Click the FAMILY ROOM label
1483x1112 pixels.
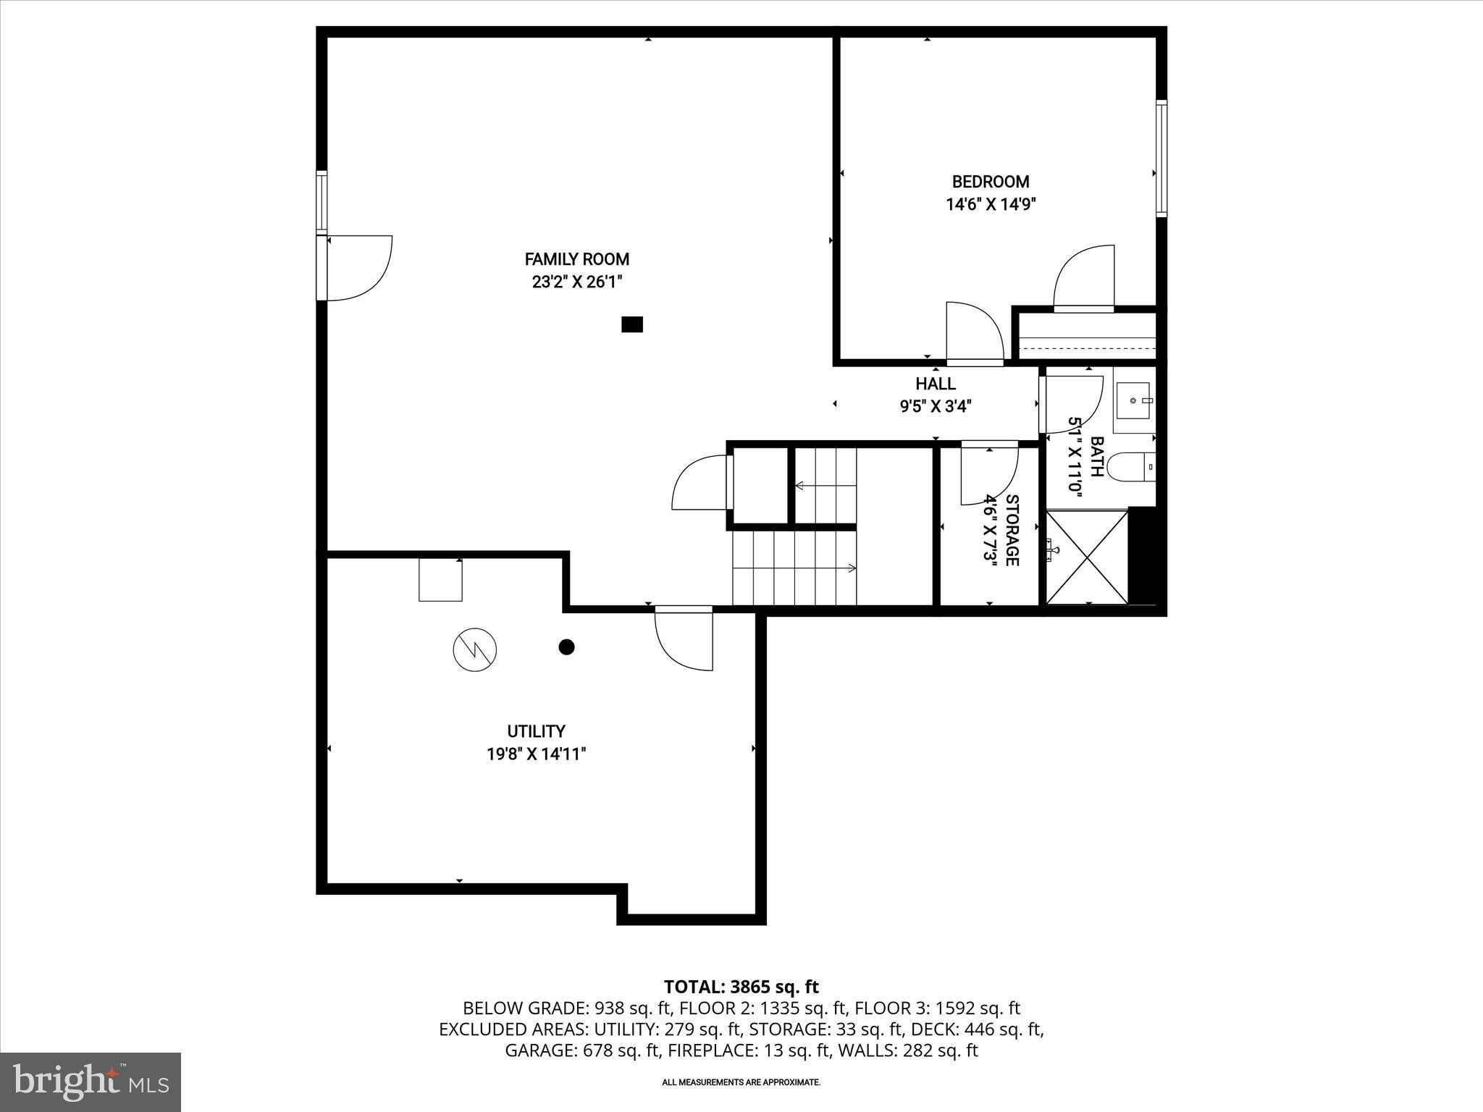(x=576, y=259)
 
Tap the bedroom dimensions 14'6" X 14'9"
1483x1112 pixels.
(x=990, y=205)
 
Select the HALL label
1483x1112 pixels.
(x=935, y=384)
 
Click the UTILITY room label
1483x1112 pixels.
(x=536, y=731)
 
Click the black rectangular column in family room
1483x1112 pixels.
(x=632, y=325)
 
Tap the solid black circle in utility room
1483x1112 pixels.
(x=566, y=647)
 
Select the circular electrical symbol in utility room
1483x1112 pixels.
(x=475, y=649)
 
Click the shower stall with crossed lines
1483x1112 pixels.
(x=1088, y=556)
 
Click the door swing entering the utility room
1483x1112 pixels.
(x=684, y=639)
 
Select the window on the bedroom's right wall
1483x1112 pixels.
(x=1160, y=158)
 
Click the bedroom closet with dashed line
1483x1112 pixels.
(x=1086, y=337)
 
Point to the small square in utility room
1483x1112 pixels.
(x=440, y=580)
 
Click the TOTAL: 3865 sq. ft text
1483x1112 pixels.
(x=741, y=987)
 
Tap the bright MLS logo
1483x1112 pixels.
(x=91, y=1082)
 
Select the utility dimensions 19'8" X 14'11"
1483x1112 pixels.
(x=536, y=754)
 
